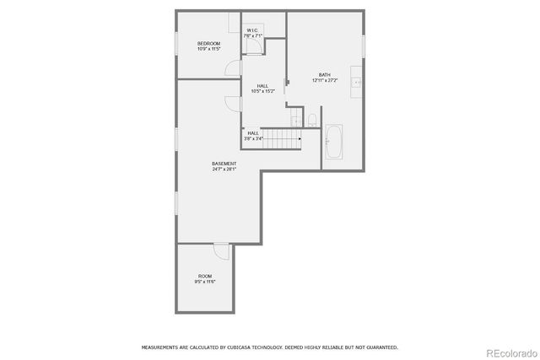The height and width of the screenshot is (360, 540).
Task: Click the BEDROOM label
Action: [x=208, y=43]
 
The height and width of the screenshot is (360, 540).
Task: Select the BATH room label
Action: [x=325, y=75]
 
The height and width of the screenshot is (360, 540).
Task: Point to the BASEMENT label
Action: [x=224, y=164]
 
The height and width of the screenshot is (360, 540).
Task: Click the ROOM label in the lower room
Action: [x=205, y=276]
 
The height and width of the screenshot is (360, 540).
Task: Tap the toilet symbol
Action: [x=311, y=119]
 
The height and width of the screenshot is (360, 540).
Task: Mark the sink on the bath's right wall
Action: [x=358, y=82]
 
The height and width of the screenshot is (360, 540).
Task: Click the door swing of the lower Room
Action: [x=221, y=250]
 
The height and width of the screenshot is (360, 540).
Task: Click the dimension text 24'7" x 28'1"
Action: [x=224, y=169]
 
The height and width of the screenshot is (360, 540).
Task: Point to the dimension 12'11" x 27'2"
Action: [x=325, y=81]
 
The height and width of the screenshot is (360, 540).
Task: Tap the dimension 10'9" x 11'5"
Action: [x=208, y=49]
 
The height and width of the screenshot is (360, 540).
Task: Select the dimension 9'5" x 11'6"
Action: [x=205, y=282]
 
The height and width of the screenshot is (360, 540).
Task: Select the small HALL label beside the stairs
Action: [x=253, y=132]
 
